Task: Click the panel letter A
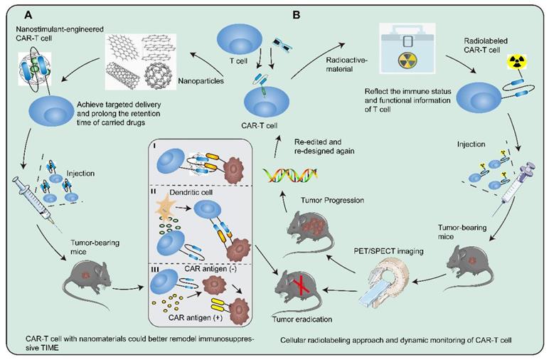tap(28, 14)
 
